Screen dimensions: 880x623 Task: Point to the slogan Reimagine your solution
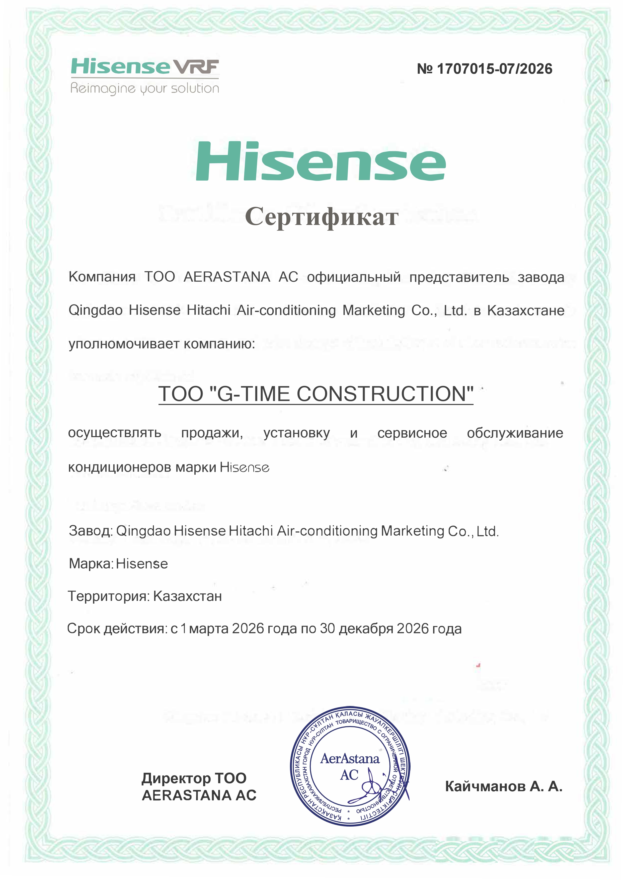point(145,89)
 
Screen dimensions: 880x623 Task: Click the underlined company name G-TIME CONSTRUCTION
point(316,394)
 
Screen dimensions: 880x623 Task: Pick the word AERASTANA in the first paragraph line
point(227,277)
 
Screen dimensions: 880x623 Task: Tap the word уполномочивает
point(124,344)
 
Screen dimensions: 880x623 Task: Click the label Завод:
point(91,531)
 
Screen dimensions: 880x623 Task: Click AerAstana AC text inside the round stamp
point(349,766)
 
